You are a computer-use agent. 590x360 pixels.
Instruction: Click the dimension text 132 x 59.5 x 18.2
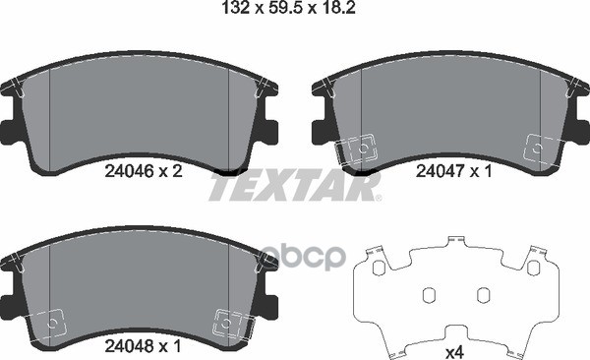click(294, 12)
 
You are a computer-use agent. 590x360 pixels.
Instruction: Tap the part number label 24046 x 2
click(143, 169)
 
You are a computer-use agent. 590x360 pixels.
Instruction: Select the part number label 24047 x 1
click(453, 169)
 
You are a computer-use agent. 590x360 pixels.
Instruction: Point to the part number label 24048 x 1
click(143, 346)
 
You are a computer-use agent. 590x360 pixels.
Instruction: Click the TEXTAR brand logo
click(295, 188)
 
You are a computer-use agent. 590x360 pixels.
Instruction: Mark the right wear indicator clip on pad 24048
click(228, 323)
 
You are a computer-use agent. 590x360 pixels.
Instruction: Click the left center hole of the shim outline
click(429, 295)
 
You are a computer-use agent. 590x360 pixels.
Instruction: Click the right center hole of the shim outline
click(482, 295)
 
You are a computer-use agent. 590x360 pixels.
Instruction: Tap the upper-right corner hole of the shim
click(532, 269)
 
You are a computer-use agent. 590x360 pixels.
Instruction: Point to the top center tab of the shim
click(455, 242)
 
